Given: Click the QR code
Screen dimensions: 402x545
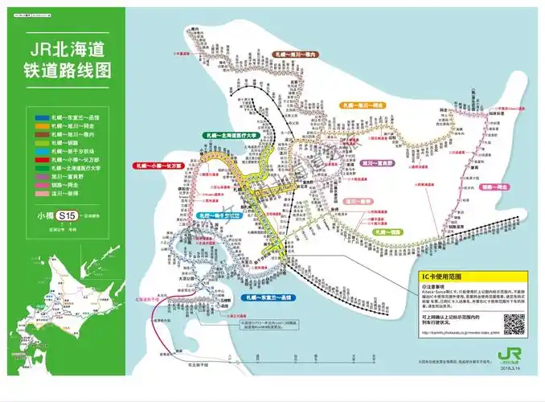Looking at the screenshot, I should click(514, 323).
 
